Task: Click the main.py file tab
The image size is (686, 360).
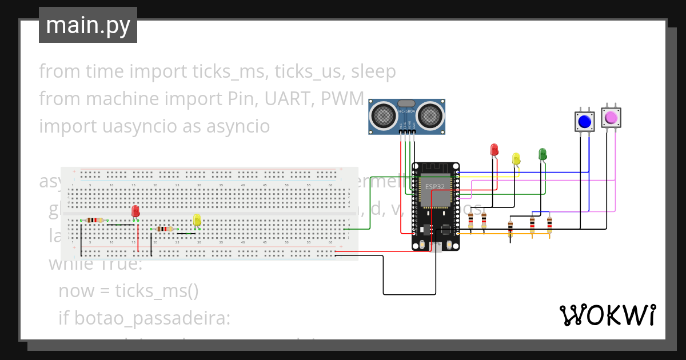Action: pos(88,26)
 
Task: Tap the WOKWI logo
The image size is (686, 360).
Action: pos(607,315)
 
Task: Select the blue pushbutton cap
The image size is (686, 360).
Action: pos(584,122)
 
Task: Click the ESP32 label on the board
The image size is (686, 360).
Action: pos(435,186)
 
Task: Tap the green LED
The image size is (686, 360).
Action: pos(543,154)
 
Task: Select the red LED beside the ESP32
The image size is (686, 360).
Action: pos(494,150)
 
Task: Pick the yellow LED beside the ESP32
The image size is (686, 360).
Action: pos(516,159)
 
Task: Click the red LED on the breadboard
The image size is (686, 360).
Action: pos(135,211)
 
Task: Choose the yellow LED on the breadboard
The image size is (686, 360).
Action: pos(197,219)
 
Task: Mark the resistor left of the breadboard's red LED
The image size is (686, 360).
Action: pos(95,220)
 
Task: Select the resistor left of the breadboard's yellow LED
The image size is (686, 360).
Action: pos(165,229)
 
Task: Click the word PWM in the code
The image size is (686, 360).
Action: pos(342,99)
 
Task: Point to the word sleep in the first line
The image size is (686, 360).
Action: pos(373,71)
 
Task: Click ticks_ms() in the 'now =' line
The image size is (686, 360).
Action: pos(157,291)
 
